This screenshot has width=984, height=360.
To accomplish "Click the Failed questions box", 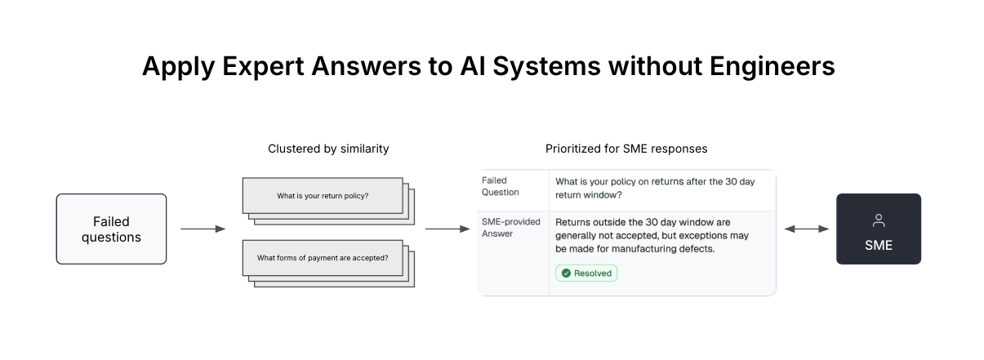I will coord(111,229).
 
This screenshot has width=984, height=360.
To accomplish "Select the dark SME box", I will coord(878,229).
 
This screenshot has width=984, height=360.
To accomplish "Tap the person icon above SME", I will coord(879,220).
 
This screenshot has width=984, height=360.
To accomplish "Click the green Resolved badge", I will coord(586,273).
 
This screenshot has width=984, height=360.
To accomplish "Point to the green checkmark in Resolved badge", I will coord(566,273).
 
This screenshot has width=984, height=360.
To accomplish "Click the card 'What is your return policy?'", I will coord(323,196).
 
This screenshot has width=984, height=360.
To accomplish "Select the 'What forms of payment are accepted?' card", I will coord(323,258).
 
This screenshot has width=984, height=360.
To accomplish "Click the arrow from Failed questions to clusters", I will coord(203,229).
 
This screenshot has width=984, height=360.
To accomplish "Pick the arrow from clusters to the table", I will coord(447,229).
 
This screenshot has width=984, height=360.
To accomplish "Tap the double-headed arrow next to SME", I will coord(806,229).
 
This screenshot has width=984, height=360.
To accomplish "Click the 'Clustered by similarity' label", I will coord(328,149).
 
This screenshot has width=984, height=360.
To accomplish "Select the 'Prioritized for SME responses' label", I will coord(626,149).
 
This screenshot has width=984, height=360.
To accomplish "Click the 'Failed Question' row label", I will coord(501,186).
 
